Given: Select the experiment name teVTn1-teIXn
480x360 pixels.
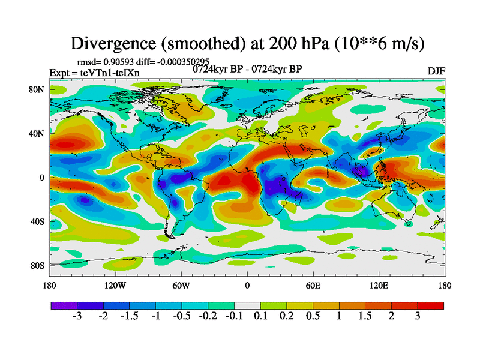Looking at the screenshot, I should pyautogui.click(x=115, y=73).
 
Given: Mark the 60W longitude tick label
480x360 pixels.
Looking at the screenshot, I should pyautogui.click(x=181, y=285).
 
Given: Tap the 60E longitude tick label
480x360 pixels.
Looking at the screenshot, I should pyautogui.click(x=313, y=285).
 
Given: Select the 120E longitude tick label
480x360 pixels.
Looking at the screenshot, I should pyautogui.click(x=378, y=285).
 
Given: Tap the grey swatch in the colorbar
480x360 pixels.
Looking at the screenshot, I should pyautogui.click(x=247, y=305).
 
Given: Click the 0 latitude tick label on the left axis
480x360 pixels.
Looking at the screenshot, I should pyautogui.click(x=42, y=178).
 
